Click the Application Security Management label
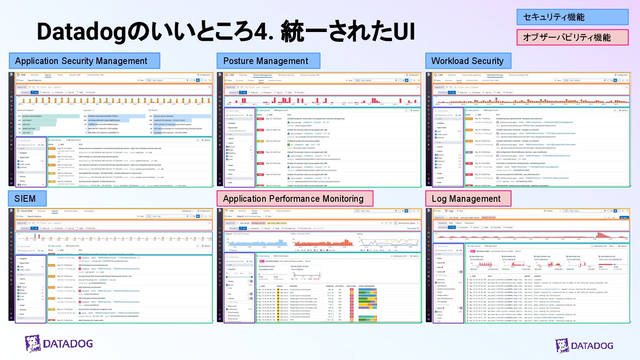coord(84,61)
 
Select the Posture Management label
coord(268,61)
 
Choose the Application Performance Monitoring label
coord(294,199)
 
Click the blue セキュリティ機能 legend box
coord(572,17)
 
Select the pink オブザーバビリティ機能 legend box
coord(572,38)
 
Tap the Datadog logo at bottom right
coord(584,345)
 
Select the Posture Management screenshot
coord(319,129)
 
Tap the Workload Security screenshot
coord(528,129)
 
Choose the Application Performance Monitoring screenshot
coord(319,264)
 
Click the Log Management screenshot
coord(528,264)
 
